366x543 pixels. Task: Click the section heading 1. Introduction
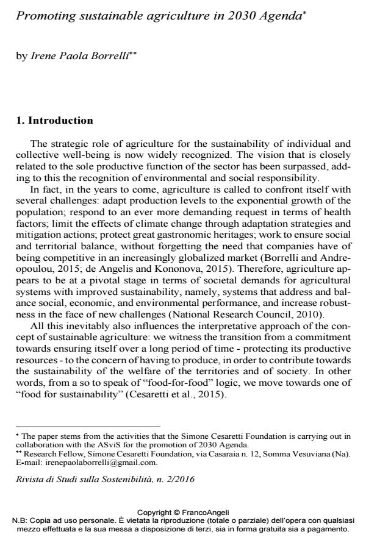[x=54, y=121]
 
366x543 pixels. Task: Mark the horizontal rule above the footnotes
[x=88, y=427]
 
